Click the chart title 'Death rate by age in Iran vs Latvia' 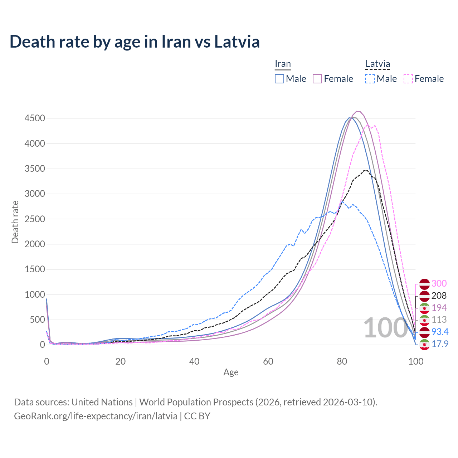[135, 42]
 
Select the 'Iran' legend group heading [283, 64]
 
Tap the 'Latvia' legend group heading [377, 64]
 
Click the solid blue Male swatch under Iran [279, 79]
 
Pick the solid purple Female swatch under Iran [318, 79]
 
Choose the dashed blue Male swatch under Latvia [370, 79]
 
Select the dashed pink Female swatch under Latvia [408, 79]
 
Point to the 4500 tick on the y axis [35, 118]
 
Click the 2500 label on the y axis [35, 219]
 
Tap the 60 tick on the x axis [268, 361]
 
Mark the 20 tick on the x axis [121, 361]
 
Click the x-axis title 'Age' [231, 372]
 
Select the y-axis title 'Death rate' [15, 222]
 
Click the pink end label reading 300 [439, 283]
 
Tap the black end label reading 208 [439, 296]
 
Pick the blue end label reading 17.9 [440, 344]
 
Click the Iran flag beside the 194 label [424, 308]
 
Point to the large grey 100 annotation [385, 328]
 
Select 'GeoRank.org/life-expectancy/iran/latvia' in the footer [96, 416]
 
